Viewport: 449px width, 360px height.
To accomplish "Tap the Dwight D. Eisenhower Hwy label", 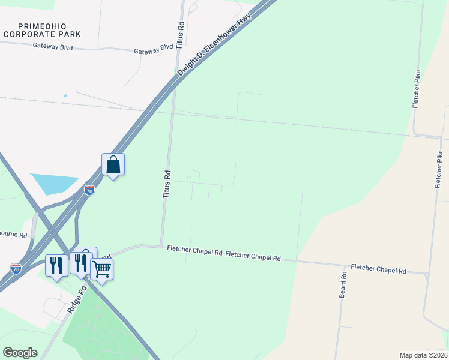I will (x=213, y=46).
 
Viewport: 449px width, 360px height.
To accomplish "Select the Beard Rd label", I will (x=343, y=286).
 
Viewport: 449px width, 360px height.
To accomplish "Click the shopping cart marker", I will (x=102, y=270).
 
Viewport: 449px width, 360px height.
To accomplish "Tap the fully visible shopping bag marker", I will (x=113, y=164).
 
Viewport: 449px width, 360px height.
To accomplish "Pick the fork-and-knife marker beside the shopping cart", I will (x=80, y=263).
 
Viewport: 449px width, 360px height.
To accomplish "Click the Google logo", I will (x=20, y=353).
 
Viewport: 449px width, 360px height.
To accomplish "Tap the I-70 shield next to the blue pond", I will (x=89, y=191).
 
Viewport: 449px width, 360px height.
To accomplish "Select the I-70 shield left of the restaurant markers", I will (x=16, y=268).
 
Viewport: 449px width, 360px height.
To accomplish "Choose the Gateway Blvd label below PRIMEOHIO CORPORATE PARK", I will (x=53, y=46).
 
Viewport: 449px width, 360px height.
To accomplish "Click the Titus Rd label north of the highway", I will (x=180, y=35).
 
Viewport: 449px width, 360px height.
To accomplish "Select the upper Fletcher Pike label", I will (x=416, y=89).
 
